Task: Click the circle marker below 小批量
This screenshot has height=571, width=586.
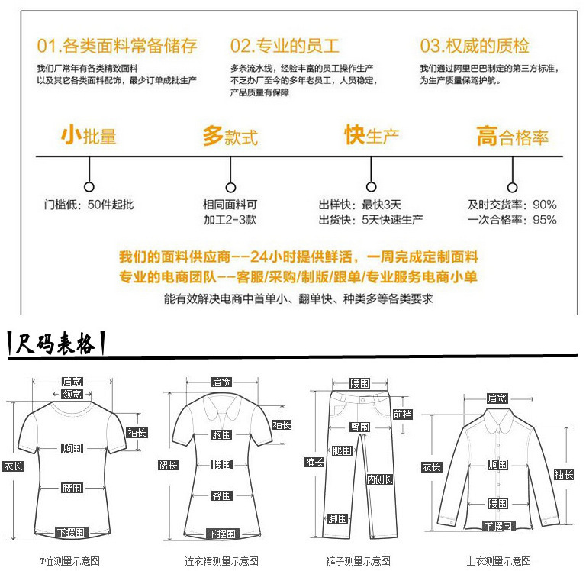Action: [89, 186]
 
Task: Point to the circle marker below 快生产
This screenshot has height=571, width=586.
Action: [372, 186]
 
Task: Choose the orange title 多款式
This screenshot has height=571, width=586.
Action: [230, 137]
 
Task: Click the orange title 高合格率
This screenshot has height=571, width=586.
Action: [512, 137]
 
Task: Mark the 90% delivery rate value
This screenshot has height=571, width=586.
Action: [545, 205]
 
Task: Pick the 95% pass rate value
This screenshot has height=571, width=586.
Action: [545, 220]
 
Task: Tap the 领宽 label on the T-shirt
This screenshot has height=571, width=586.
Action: [72, 394]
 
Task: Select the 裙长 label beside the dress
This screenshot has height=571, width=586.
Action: [168, 465]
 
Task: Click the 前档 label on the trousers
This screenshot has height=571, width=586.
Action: [402, 414]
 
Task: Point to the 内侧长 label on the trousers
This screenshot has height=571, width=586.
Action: [379, 479]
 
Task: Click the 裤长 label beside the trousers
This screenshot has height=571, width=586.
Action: [314, 462]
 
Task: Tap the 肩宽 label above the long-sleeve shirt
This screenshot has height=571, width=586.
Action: [497, 398]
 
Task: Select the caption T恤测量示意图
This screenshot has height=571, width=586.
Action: [70, 561]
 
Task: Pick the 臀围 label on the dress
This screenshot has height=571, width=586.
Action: [221, 495]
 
